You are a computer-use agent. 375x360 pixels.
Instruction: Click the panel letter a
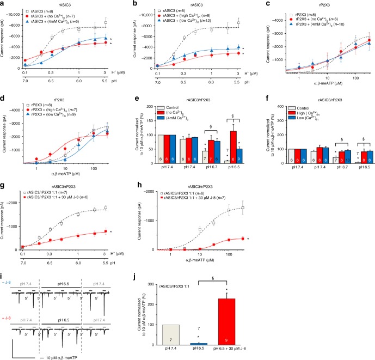point(4,4)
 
